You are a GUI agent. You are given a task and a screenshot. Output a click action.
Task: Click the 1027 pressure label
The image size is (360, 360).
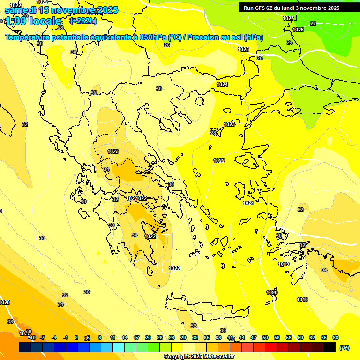coord(288,18)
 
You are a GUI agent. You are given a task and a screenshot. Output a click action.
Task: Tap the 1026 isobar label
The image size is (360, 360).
coord(298,30)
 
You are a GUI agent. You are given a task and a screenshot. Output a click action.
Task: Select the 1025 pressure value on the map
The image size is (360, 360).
coord(243,49)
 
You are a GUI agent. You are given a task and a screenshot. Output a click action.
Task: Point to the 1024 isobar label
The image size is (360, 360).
coord(222,84)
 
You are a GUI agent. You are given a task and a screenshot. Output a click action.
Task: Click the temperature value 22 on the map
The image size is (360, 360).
coord(313,23)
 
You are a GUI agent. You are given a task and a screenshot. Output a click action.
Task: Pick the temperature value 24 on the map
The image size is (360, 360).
coord(290,42)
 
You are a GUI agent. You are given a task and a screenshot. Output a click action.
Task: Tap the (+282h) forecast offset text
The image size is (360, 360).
coord(83,21)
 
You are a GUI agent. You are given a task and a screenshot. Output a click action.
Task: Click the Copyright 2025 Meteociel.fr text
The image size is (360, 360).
coord(199,357)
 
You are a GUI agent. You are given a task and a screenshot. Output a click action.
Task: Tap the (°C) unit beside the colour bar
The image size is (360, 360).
coord(344,347)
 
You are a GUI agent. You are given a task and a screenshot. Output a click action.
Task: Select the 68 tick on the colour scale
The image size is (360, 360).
coord(336,337)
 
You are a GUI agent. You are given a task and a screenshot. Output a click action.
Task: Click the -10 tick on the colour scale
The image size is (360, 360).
coord(32,337)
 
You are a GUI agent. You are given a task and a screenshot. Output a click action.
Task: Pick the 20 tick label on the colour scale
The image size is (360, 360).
coord(148,337)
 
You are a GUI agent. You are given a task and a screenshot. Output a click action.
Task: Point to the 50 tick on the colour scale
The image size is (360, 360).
coord(265,337)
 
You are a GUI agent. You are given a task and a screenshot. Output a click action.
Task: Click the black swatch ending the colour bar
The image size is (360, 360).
coord(330,347)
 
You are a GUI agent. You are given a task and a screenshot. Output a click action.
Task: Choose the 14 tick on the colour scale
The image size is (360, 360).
coord(125,337)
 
